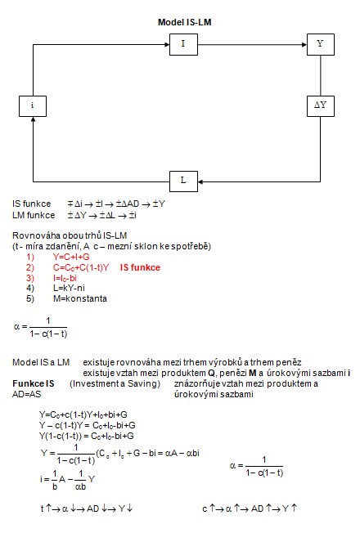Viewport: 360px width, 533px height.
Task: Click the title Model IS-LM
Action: click(x=184, y=22)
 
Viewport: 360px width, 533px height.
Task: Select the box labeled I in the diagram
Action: click(x=183, y=44)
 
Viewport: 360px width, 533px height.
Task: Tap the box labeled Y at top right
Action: click(x=321, y=44)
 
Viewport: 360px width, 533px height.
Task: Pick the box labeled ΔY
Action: click(x=321, y=106)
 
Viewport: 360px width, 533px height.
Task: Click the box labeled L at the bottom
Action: click(x=183, y=181)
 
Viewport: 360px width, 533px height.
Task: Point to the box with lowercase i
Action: click(x=33, y=106)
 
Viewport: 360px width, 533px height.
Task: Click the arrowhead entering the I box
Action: click(x=167, y=44)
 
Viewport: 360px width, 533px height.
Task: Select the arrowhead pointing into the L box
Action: click(x=200, y=181)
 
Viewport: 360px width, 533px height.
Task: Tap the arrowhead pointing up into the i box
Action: click(x=33, y=119)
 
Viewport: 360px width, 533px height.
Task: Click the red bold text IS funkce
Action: click(x=140, y=267)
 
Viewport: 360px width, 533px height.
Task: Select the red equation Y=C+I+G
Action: click(x=71, y=257)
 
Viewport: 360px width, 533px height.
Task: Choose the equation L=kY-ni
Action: click(x=69, y=288)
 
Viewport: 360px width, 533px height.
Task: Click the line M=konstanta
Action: click(x=80, y=298)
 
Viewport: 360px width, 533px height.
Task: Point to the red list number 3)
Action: click(x=30, y=278)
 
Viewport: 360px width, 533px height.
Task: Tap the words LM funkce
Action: click(x=34, y=215)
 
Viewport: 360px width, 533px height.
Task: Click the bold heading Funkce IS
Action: click(x=33, y=383)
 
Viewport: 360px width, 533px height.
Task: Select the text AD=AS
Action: click(x=26, y=394)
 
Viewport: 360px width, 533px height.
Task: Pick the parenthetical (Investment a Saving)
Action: click(x=115, y=383)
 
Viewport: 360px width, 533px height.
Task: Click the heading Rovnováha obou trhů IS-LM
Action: click(x=70, y=235)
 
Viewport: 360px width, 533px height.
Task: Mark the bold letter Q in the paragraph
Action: click(x=211, y=374)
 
